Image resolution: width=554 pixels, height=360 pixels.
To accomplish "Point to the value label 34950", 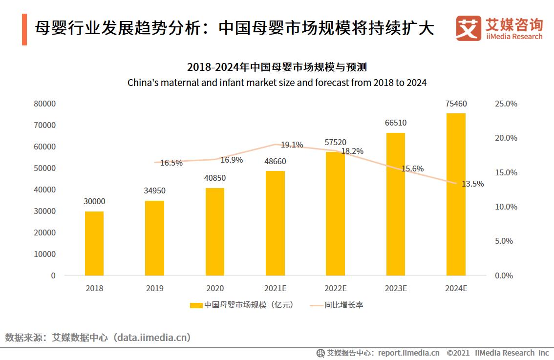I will pyautogui.click(x=155, y=190).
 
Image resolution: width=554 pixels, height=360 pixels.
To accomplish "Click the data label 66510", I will pyautogui.click(x=396, y=123).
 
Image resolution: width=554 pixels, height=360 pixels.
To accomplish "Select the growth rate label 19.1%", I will pyautogui.click(x=292, y=145).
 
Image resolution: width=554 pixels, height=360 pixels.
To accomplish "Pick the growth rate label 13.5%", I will pyautogui.click(x=472, y=184).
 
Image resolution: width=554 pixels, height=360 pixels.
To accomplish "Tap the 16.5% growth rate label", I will pyautogui.click(x=171, y=163).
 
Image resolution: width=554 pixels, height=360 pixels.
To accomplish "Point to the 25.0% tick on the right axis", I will pyautogui.click(x=506, y=104).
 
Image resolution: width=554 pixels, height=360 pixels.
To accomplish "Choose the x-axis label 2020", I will pyautogui.click(x=215, y=289).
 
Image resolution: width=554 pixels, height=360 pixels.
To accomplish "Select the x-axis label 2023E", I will pyautogui.click(x=396, y=289).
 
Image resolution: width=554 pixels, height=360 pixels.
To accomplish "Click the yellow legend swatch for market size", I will pyautogui.click(x=196, y=305).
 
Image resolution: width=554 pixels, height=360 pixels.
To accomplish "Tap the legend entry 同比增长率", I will pyautogui.click(x=344, y=305).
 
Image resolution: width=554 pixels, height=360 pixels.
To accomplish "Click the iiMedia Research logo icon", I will pyautogui.click(x=469, y=28).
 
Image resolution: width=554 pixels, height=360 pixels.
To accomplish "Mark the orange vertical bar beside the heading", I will pyautogui.click(x=24, y=30).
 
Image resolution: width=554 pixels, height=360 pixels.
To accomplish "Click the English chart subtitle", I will pyautogui.click(x=277, y=83).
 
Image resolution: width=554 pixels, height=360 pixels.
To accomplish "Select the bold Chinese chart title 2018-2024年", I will pyautogui.click(x=277, y=67).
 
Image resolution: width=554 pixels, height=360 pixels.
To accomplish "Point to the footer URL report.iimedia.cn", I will pyautogui.click(x=408, y=353).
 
